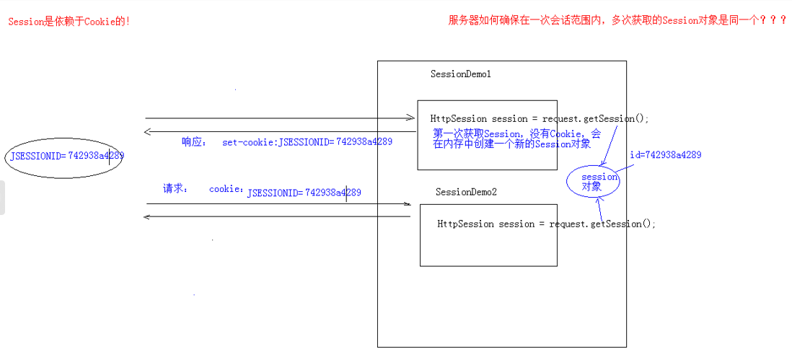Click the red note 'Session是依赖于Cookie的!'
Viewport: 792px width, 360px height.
69,22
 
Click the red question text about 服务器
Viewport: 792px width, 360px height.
617,21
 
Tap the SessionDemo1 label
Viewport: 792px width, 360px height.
461,74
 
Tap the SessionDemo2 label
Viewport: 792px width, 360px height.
466,193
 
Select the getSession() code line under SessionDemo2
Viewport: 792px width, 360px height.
547,224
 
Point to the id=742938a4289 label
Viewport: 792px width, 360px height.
665,155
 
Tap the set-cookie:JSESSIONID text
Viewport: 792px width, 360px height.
307,142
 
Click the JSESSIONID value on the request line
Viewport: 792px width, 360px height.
304,193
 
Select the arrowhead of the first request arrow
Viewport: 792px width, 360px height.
410,118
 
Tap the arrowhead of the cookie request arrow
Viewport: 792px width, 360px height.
406,204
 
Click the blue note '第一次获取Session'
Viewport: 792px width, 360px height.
517,139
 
